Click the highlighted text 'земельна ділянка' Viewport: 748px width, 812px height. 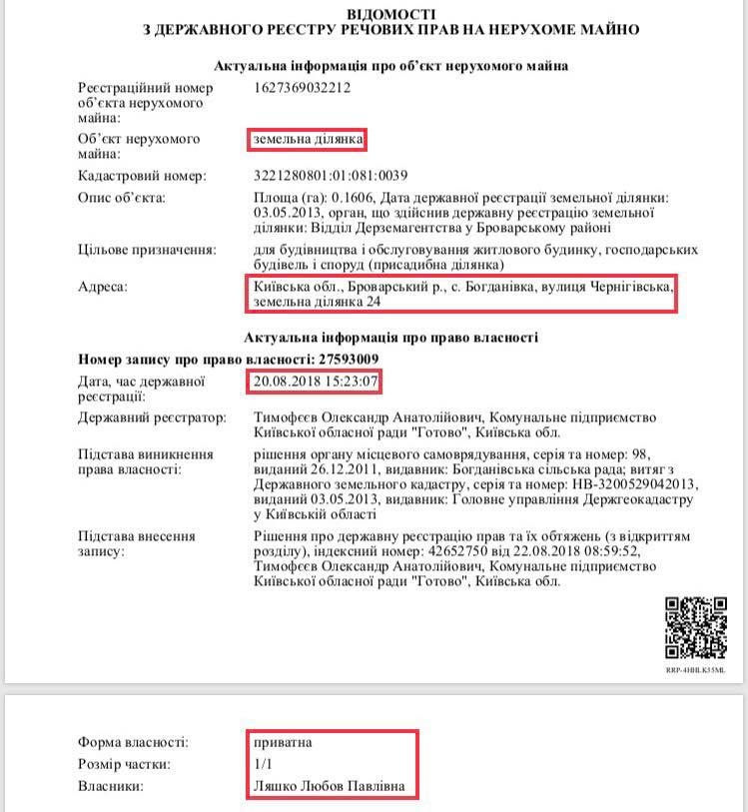click(x=307, y=139)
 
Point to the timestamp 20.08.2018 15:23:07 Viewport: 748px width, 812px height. click(x=314, y=381)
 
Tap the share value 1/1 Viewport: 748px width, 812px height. click(x=264, y=765)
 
